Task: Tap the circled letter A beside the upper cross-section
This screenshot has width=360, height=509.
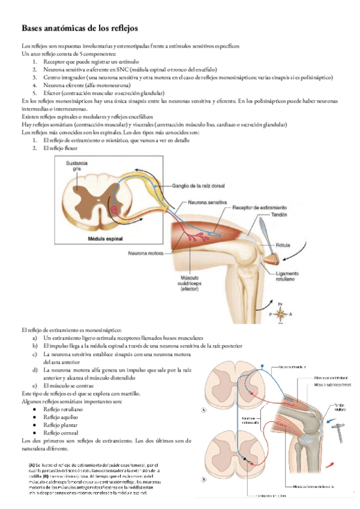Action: point(204,411)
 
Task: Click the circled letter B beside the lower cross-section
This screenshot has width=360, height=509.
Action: point(204,480)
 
